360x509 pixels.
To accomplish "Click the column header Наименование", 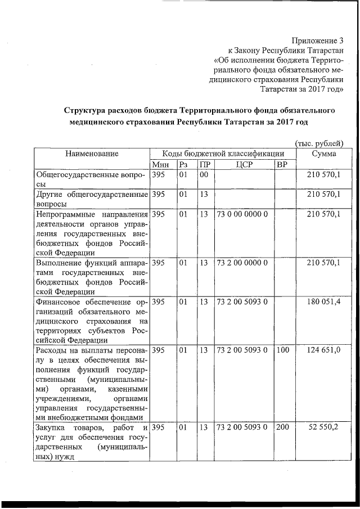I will click(x=92, y=154).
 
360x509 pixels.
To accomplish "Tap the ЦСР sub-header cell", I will click(x=243, y=164).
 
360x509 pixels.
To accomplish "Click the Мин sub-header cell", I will click(x=161, y=164).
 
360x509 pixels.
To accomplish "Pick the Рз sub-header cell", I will click(x=183, y=164).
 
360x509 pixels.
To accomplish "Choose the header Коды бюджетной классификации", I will click(x=222, y=154).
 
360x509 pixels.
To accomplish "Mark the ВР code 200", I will click(x=282, y=428).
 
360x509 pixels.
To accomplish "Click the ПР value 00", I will click(x=204, y=175).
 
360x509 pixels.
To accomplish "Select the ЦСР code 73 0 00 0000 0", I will click(x=243, y=214).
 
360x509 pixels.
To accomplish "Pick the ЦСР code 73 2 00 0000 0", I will click(x=243, y=263).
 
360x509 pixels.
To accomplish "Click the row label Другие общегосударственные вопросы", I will click(x=92, y=199).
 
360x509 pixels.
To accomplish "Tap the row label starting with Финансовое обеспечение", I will click(x=92, y=321).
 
